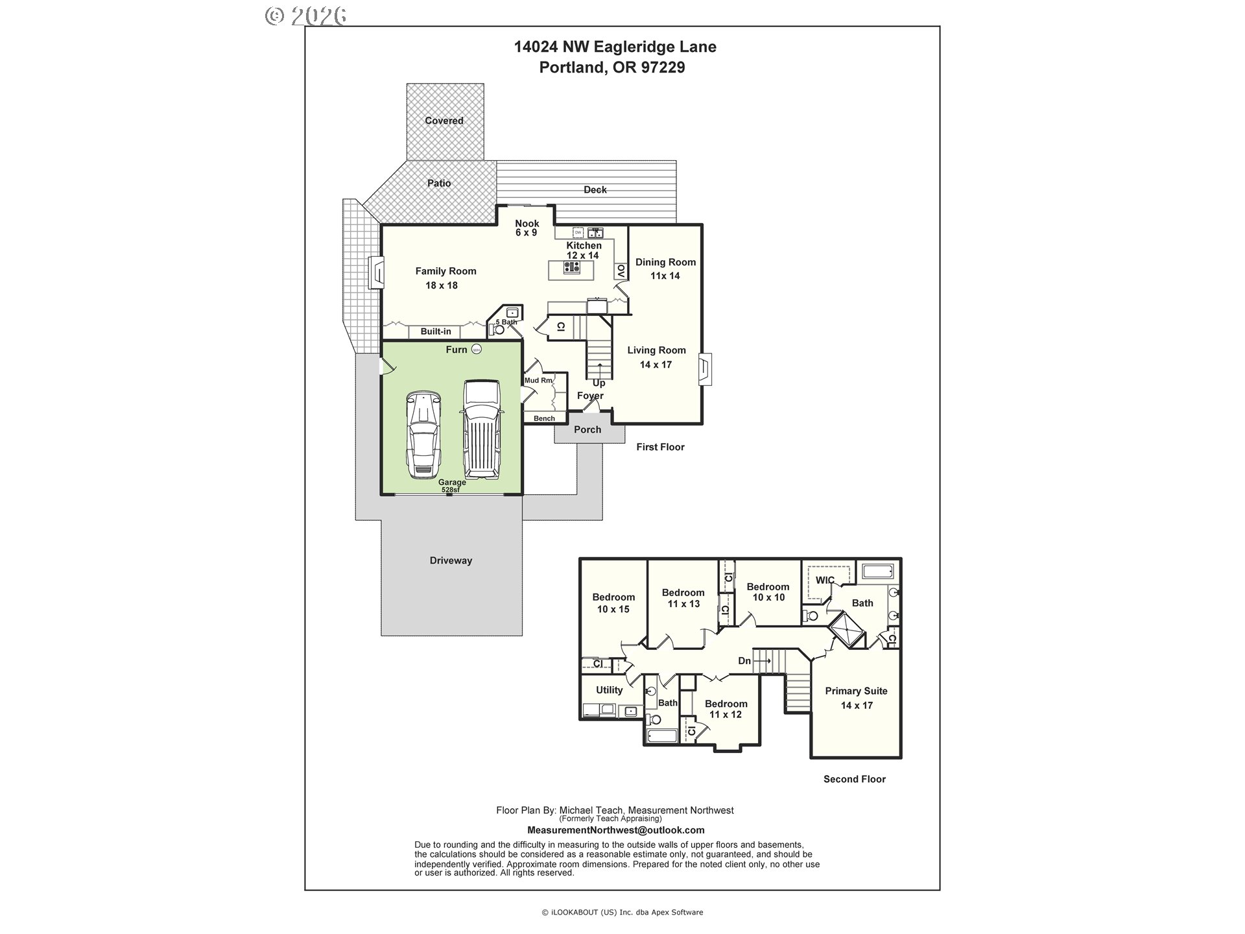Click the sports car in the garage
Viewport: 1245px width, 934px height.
(423, 434)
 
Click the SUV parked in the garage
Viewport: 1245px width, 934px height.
(481, 429)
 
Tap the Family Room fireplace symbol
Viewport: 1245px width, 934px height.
(375, 273)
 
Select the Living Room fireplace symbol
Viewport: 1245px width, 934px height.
(705, 369)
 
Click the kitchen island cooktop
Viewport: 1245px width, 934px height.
(571, 268)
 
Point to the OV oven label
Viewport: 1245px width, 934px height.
(621, 271)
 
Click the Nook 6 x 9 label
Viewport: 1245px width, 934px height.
(527, 228)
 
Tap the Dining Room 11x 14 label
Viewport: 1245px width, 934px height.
(665, 269)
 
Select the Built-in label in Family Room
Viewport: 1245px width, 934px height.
(435, 331)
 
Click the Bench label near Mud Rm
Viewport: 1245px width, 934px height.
(544, 418)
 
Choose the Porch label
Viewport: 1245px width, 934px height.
(587, 429)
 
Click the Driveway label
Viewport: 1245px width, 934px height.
(451, 560)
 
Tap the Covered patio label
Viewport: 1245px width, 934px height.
(444, 121)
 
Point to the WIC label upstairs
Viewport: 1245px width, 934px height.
(824, 580)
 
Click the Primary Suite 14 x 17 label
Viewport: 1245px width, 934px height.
(856, 698)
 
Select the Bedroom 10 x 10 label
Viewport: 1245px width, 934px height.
(768, 592)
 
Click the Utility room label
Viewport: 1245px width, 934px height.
(609, 690)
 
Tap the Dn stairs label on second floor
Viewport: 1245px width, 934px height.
(744, 661)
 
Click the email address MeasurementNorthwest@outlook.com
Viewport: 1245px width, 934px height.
(615, 830)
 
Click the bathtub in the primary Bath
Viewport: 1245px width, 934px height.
(878, 571)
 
